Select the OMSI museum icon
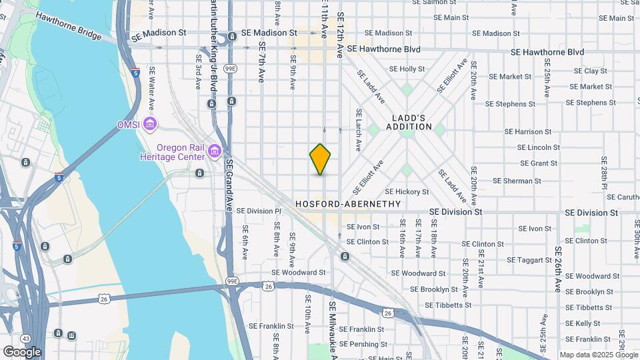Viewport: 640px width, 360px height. click(151, 124)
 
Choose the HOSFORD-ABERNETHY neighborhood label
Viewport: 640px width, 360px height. click(349, 204)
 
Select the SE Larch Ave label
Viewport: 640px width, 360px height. click(359, 130)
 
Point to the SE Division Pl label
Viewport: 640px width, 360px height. click(260, 211)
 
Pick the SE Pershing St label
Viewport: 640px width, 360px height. click(364, 344)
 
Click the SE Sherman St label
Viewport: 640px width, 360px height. click(517, 181)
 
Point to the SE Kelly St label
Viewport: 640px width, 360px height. click(587, 323)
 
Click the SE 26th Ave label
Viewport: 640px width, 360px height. click(558, 269)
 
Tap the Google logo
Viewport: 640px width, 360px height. click(22, 351)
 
